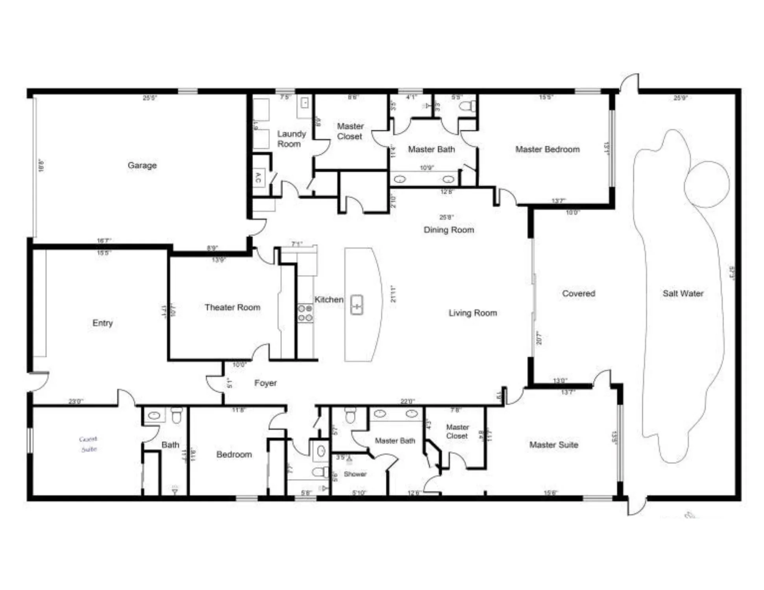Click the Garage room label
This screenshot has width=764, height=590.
[142, 165]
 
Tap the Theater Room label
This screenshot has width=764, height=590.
[232, 307]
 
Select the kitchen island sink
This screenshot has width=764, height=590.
[357, 305]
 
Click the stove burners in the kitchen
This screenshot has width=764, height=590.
[305, 313]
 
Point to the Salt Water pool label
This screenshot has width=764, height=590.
[683, 293]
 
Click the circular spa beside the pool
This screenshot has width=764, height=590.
[707, 184]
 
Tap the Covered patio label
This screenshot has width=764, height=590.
[578, 293]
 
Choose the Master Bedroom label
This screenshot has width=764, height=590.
[547, 149]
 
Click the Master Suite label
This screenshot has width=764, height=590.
[553, 445]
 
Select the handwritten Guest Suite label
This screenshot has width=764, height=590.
[88, 444]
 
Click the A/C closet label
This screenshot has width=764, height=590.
[258, 178]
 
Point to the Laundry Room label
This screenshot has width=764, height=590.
[291, 139]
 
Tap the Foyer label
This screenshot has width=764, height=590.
[265, 383]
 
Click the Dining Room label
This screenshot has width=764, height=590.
[449, 230]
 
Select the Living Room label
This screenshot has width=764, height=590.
[472, 313]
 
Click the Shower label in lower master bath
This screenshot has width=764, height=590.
[355, 474]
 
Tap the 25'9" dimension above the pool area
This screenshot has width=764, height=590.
[680, 98]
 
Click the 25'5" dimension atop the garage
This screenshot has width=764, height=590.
[150, 98]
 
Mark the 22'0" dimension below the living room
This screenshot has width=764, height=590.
[407, 401]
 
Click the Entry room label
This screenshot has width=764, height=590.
[102, 323]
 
